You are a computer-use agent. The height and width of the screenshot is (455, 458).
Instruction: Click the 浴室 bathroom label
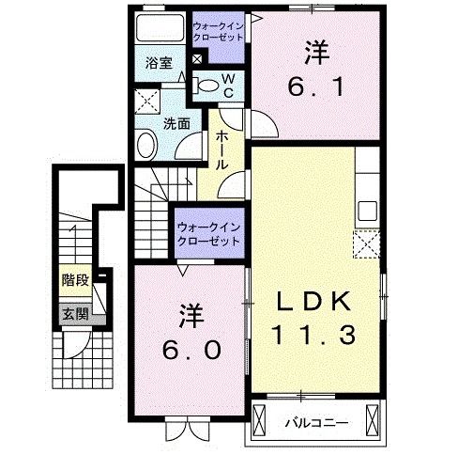pos(159,63)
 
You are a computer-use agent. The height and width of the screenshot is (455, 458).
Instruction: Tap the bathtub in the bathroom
pos(160,27)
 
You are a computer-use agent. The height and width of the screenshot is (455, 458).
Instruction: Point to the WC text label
pos(229,86)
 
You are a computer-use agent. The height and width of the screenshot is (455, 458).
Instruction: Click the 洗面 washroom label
pos(176,124)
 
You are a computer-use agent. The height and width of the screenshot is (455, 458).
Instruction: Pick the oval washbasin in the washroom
pos(146,145)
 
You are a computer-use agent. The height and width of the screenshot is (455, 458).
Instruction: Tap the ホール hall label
pos(221,150)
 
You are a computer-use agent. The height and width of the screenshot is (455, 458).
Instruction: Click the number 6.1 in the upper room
pos(316,86)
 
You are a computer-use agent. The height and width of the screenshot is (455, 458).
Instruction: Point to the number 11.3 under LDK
pos(314,335)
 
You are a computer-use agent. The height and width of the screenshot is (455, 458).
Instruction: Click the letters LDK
pos(313,301)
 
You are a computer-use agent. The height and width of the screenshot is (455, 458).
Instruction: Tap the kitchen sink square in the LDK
pos(368,211)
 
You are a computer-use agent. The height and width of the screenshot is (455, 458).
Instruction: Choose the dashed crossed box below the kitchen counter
pos(367,244)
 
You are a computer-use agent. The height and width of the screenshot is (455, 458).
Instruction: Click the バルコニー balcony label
pos(316,424)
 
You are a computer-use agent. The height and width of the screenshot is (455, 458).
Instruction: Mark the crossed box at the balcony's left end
pos(258,420)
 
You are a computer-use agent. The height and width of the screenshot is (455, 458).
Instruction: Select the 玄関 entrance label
pos(75,314)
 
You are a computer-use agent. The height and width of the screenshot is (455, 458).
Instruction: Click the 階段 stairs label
pos(75,279)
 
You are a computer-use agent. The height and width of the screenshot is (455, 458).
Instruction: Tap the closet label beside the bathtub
pos(218,32)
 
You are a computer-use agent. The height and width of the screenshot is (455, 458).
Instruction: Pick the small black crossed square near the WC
pos(197,58)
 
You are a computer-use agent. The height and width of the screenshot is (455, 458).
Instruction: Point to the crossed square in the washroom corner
pos(147,101)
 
